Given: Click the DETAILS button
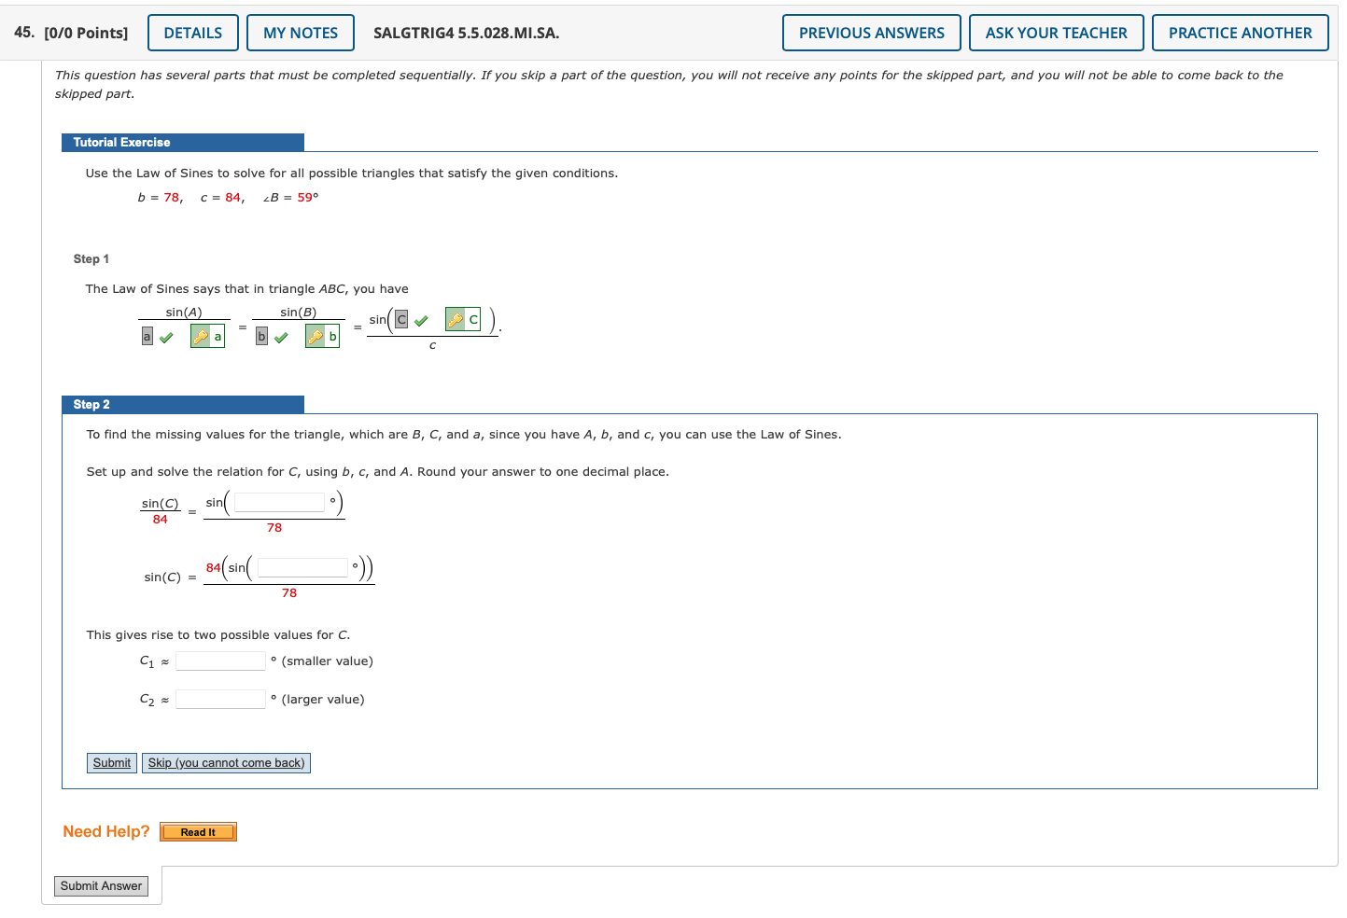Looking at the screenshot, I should pyautogui.click(x=193, y=33).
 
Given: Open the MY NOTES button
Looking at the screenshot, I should pyautogui.click(x=301, y=33).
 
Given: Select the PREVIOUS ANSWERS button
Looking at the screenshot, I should pyautogui.click(x=871, y=33).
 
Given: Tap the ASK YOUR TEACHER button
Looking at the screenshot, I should pyautogui.click(x=1056, y=33).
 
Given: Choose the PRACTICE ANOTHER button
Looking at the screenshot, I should pyautogui.click(x=1240, y=33).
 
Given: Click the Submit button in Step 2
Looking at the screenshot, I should pyautogui.click(x=112, y=763).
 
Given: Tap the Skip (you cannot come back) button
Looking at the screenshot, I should pyautogui.click(x=226, y=763).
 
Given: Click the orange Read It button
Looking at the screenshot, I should pyautogui.click(x=198, y=832).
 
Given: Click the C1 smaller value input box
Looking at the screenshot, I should pyautogui.click(x=221, y=661).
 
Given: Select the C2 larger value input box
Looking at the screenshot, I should pyautogui.click(x=221, y=700).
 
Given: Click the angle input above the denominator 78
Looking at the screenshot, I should pyautogui.click(x=279, y=503).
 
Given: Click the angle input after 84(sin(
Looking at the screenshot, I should pyautogui.click(x=302, y=568).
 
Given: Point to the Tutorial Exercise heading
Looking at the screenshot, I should pyautogui.click(x=122, y=143).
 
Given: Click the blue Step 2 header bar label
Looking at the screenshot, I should pyautogui.click(x=91, y=405).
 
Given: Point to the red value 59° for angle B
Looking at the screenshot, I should pyautogui.click(x=308, y=198).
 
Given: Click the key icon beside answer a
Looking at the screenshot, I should pyautogui.click(x=201, y=337).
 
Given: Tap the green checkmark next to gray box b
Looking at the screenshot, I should pyautogui.click(x=281, y=337).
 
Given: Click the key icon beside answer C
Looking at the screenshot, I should pyautogui.click(x=456, y=320).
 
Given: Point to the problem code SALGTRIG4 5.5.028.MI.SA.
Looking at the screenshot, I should pyautogui.click(x=467, y=33).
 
